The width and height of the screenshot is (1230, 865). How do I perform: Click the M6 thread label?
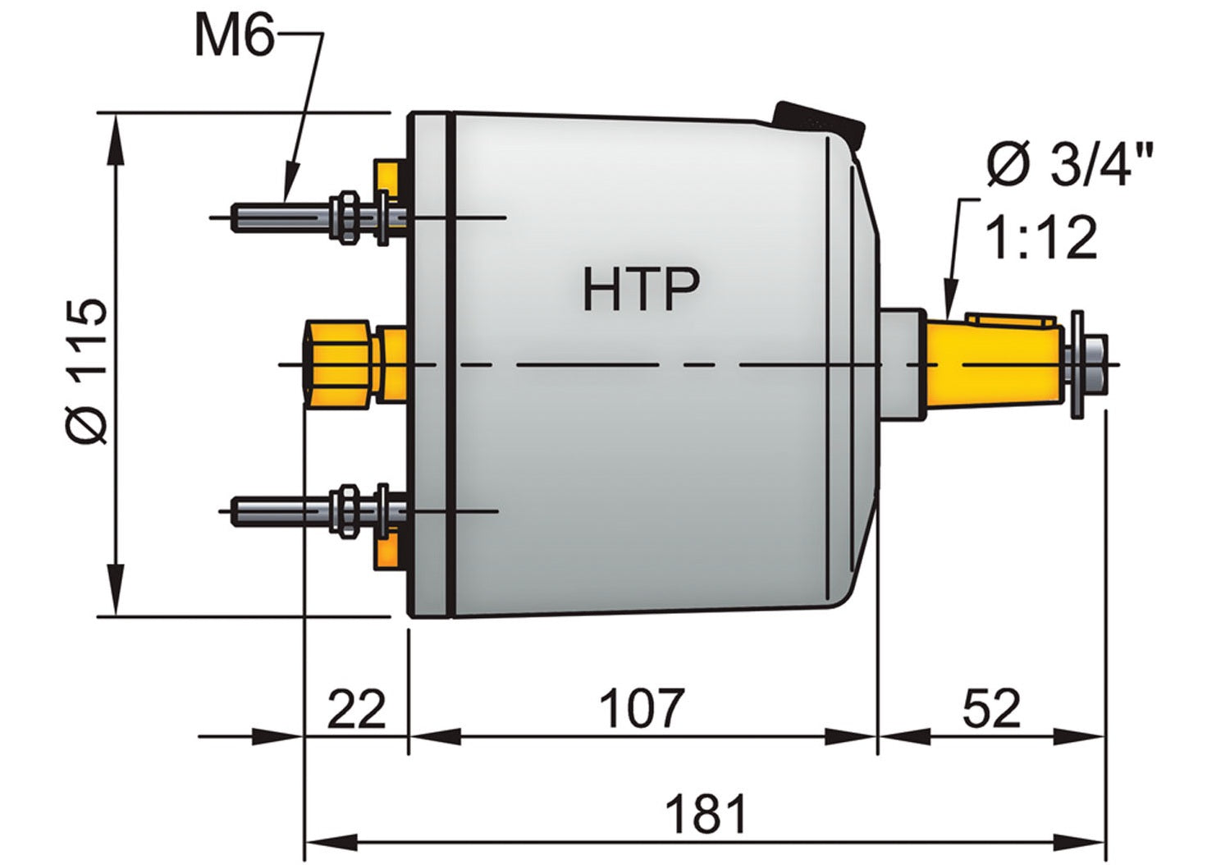pyautogui.click(x=234, y=37)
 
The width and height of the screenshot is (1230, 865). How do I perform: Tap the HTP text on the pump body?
pyautogui.click(x=641, y=289)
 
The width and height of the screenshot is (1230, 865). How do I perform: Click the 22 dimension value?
pyautogui.click(x=356, y=709)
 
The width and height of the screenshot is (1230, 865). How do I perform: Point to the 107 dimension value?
pyautogui.click(x=641, y=709)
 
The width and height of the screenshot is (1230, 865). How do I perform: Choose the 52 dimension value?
pyautogui.click(x=991, y=709)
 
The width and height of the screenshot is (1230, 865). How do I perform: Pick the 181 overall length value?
pyautogui.click(x=706, y=814)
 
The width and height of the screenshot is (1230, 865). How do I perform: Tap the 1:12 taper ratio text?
pyautogui.click(x=1040, y=238)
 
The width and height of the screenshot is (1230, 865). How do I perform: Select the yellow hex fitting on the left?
pyautogui.click(x=338, y=364)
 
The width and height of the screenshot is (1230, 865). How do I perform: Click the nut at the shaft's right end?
pyautogui.click(x=1095, y=364)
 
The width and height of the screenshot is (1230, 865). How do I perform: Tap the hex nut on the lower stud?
pyautogui.click(x=346, y=510)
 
